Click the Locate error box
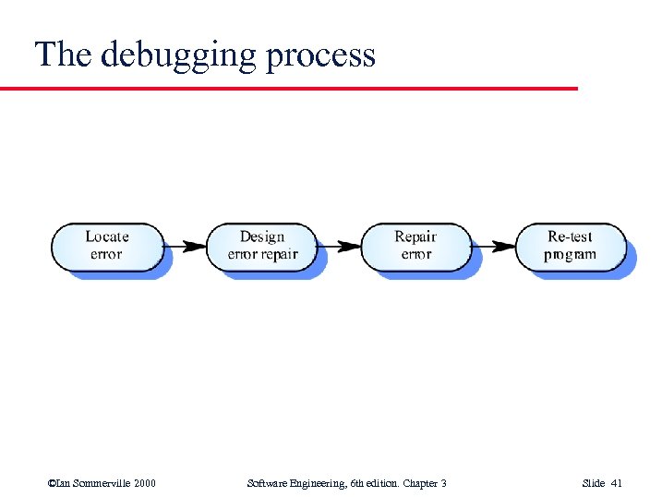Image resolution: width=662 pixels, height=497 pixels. (106, 246)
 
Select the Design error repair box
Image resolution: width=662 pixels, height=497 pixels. (261, 246)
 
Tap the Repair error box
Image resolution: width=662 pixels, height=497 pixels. (415, 246)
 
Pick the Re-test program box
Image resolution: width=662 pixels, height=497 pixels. (570, 246)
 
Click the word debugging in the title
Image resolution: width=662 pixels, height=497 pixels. (178, 55)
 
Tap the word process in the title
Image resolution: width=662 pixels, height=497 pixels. (320, 55)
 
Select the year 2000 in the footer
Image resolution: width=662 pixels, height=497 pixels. (144, 483)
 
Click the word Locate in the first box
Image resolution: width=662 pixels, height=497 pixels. (106, 236)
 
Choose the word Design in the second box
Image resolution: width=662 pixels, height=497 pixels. (261, 236)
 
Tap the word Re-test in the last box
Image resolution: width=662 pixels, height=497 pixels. (570, 236)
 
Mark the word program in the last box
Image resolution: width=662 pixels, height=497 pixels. (570, 255)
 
